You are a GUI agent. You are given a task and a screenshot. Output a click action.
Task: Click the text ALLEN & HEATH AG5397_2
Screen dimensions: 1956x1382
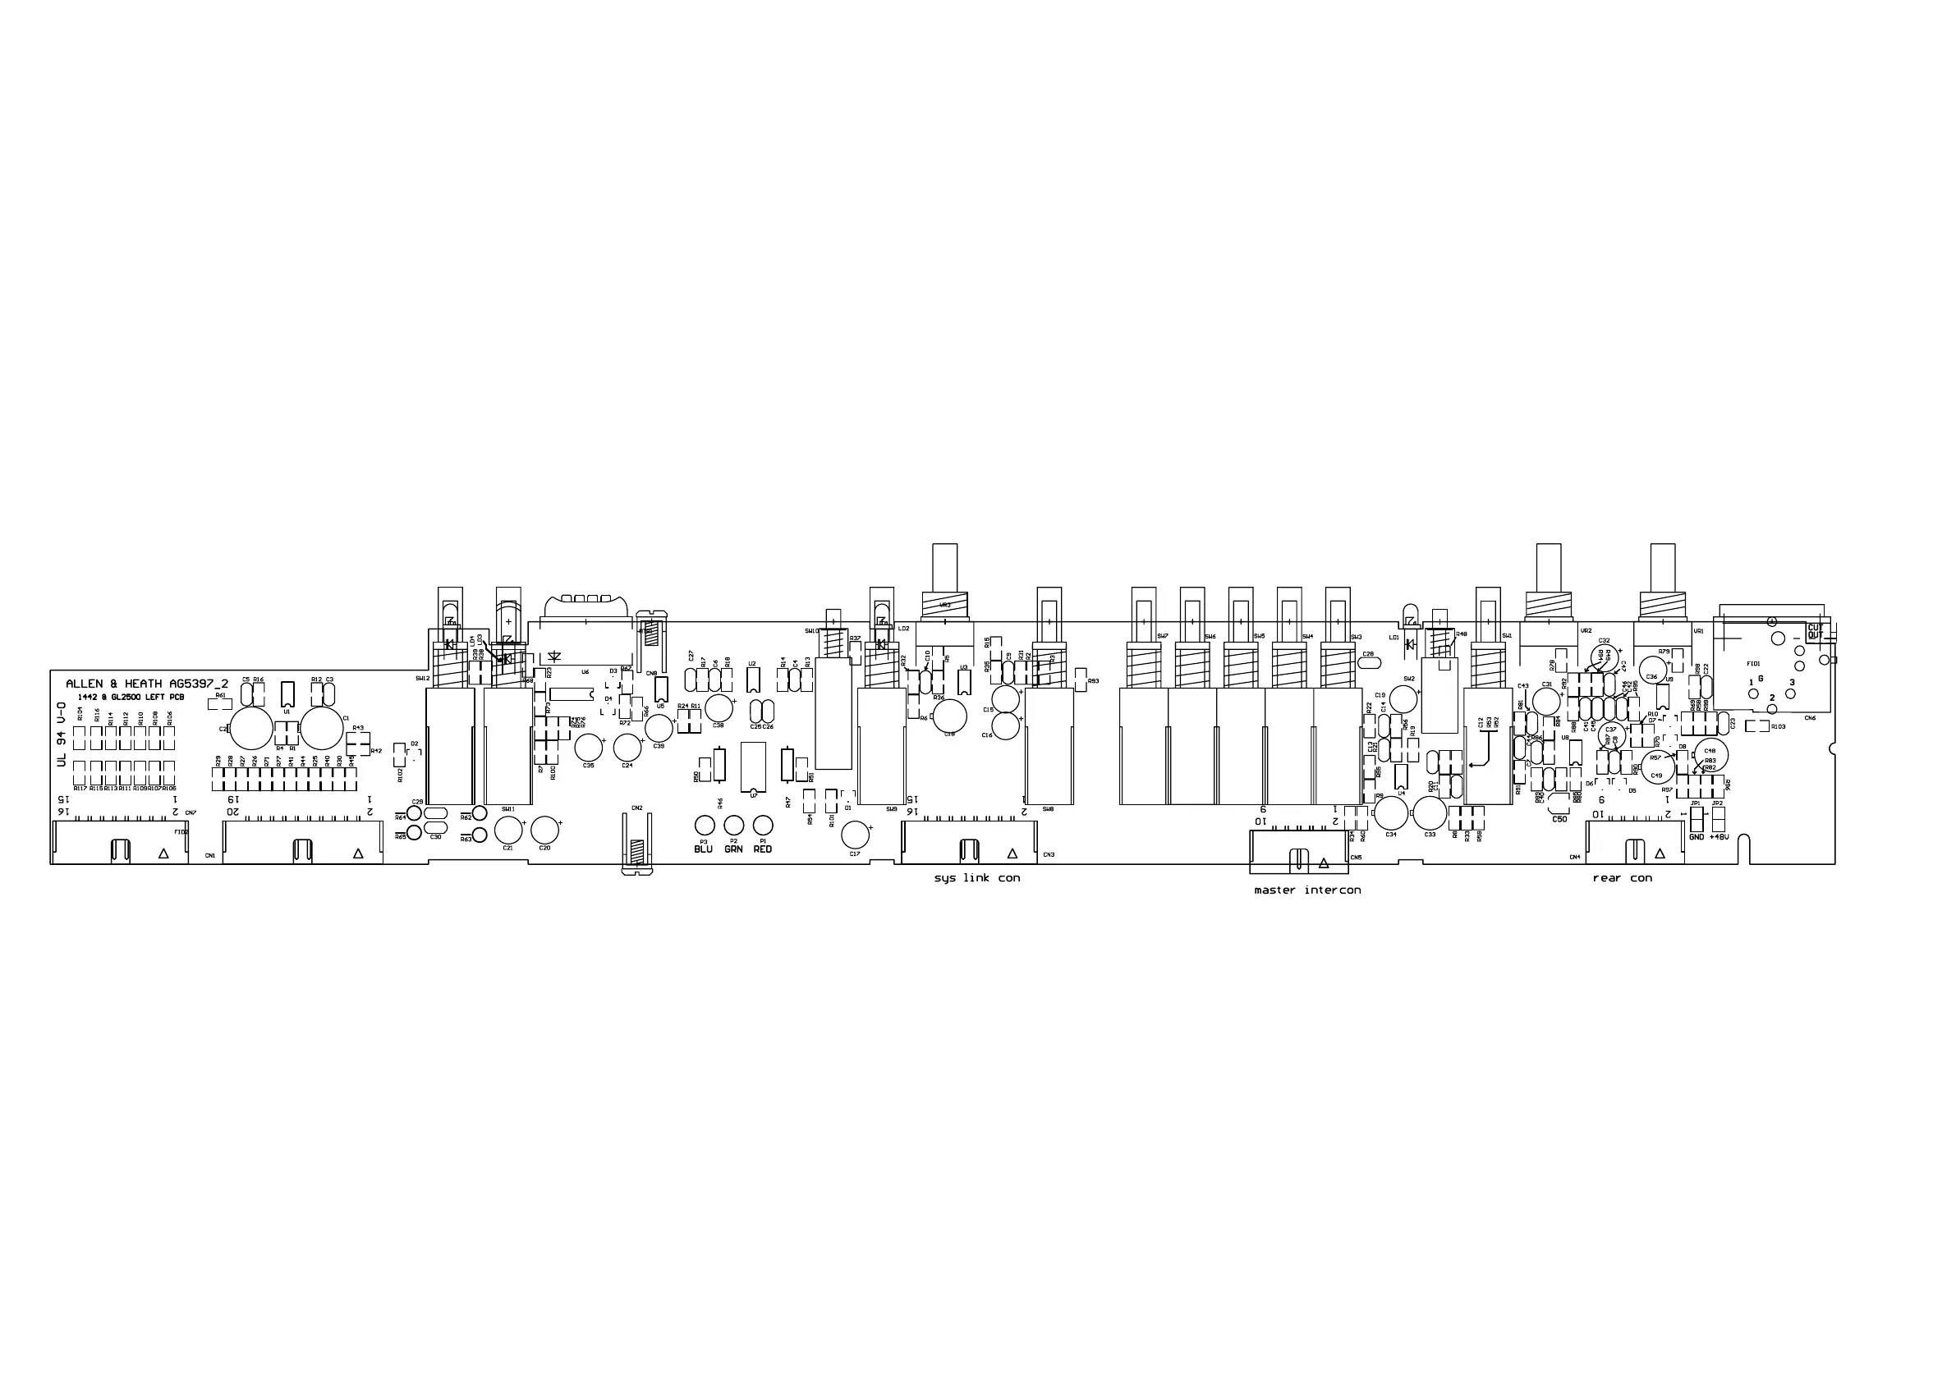click(146, 684)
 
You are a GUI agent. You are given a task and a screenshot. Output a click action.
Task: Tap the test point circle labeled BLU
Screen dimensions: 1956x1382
click(704, 824)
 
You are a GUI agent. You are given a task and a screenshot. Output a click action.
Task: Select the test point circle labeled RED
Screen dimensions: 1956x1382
click(764, 824)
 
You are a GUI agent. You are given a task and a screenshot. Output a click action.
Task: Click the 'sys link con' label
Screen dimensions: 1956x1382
click(976, 878)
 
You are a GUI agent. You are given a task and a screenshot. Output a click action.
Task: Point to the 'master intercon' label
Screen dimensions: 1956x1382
click(1306, 890)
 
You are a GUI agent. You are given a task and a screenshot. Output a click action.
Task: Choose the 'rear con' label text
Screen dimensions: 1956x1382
click(1622, 878)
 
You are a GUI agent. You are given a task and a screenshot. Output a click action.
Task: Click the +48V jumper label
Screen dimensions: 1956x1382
click(1719, 837)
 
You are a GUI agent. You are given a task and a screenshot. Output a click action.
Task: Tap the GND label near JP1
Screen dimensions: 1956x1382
click(1697, 837)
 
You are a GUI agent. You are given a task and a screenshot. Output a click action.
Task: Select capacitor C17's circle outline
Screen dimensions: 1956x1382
click(856, 835)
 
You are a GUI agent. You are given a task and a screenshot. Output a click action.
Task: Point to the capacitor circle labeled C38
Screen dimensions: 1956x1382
click(719, 707)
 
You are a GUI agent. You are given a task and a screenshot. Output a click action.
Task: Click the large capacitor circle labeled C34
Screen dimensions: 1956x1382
click(1391, 812)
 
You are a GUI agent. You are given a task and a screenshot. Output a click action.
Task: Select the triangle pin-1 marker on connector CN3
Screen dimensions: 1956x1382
click(1012, 853)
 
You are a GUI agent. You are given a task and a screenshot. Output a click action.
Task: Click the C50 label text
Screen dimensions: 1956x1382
click(1559, 819)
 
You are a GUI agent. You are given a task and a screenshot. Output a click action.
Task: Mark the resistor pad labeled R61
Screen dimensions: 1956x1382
click(221, 704)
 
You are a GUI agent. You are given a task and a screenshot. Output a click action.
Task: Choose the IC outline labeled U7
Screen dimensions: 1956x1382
click(753, 767)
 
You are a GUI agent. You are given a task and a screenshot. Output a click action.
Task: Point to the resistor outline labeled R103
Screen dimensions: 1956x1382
click(1756, 726)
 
